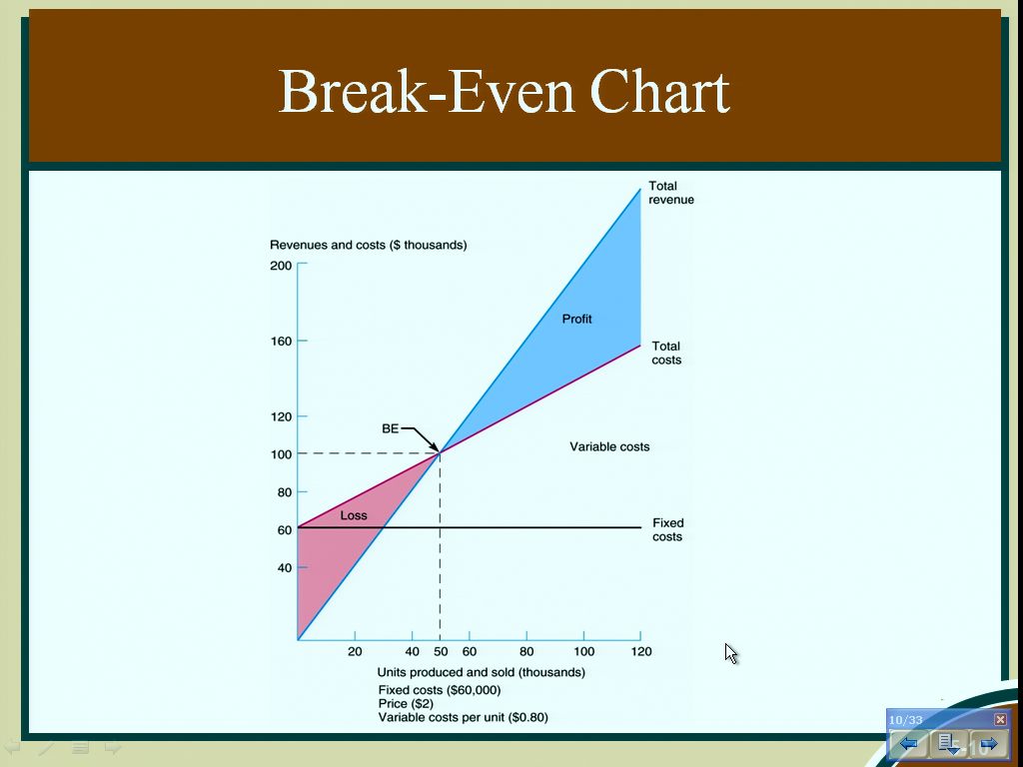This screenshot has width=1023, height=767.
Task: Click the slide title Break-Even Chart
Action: [x=504, y=91]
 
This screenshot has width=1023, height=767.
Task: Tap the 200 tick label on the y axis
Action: [x=281, y=266]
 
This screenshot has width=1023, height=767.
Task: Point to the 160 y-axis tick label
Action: [x=281, y=342]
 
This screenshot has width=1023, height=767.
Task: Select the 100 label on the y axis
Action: [x=281, y=454]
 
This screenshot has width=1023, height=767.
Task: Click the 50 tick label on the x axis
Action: [x=441, y=651]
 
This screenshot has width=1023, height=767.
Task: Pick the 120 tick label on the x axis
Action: [x=641, y=651]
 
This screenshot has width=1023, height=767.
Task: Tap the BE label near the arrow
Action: [x=391, y=428]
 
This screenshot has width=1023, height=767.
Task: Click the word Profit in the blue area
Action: [x=577, y=319]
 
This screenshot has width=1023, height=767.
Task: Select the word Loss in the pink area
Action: [x=354, y=515]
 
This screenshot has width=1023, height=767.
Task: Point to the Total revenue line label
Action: [x=671, y=193]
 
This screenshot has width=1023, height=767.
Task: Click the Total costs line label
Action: [x=666, y=353]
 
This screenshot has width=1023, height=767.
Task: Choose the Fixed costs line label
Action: [x=667, y=529]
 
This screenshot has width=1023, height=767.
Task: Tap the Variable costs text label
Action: [x=609, y=446]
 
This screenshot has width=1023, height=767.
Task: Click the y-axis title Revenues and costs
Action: [x=369, y=246]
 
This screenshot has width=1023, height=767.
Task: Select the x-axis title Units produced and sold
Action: [x=482, y=672]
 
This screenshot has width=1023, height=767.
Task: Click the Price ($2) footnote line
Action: [x=406, y=704]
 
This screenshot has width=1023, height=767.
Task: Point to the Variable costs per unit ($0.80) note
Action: [x=464, y=717]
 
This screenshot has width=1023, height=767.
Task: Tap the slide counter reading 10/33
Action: [x=905, y=720]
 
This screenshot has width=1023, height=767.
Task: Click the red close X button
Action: [x=1000, y=719]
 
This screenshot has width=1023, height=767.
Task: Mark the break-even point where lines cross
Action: [x=441, y=452]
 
